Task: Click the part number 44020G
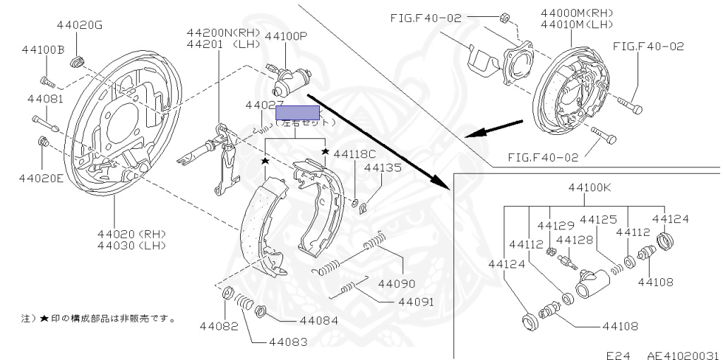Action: click(x=80, y=25)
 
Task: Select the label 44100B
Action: click(x=43, y=50)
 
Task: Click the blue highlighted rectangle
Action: click(x=298, y=112)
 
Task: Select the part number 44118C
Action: click(x=355, y=154)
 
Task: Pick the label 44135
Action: click(x=383, y=168)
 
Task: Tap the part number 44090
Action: click(x=397, y=284)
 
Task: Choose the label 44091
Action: click(x=415, y=301)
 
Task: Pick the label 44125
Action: click(x=599, y=220)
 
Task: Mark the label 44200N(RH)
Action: click(x=224, y=32)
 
